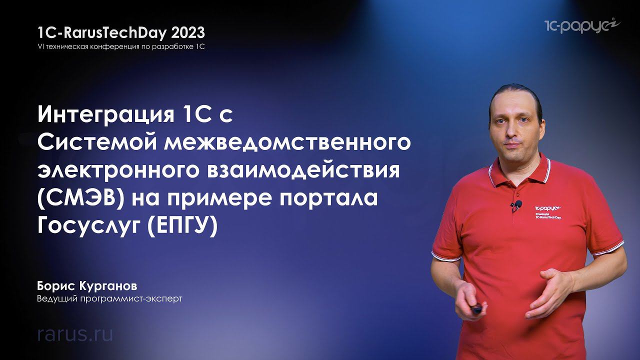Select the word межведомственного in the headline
pyautogui.click(x=287, y=144)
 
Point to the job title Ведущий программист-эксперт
pyautogui.click(x=109, y=299)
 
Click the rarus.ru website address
pyautogui.click(x=75, y=334)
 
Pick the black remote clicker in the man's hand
pyautogui.click(x=474, y=308)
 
